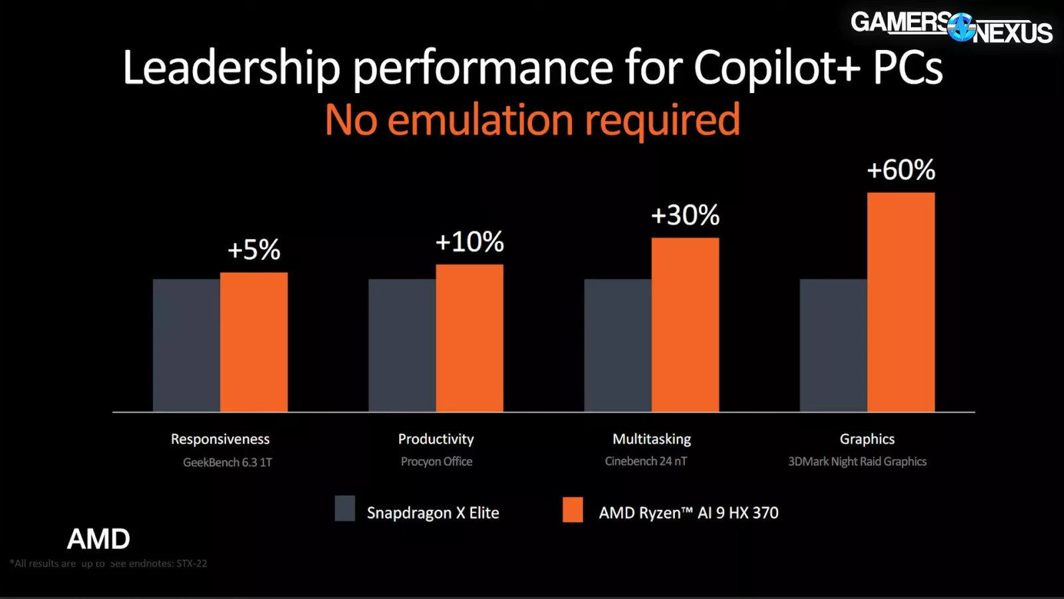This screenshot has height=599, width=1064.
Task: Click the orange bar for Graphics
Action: (900, 302)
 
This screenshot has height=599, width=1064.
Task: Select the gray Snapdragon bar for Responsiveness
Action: (186, 345)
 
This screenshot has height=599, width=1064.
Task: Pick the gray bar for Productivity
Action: (402, 345)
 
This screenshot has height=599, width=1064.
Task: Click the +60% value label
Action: (900, 170)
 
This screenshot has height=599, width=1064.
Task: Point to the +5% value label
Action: (254, 250)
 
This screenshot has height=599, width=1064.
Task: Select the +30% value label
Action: (685, 216)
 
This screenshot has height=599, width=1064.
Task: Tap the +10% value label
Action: (469, 242)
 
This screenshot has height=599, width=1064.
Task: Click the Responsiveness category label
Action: (220, 439)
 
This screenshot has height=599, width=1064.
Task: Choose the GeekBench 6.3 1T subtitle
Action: (227, 462)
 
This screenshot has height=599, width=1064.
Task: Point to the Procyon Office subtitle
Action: (436, 461)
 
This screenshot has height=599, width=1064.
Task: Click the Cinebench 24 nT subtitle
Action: (646, 461)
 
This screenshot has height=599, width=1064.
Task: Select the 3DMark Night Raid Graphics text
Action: (857, 461)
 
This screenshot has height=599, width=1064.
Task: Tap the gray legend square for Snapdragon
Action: (344, 508)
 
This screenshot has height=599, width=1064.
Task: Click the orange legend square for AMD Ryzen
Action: (573, 509)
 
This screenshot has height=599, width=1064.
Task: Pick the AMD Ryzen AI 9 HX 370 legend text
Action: (688, 513)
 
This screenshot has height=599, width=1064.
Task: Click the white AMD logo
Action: (98, 539)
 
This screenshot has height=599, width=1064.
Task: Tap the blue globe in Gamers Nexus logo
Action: (960, 27)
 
